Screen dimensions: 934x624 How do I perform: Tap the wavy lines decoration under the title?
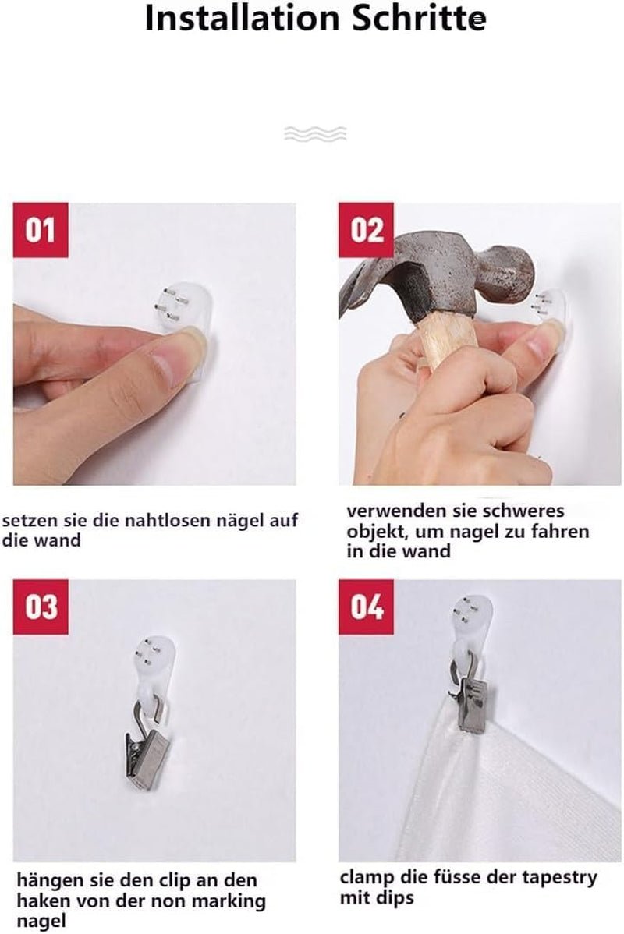click(x=315, y=133)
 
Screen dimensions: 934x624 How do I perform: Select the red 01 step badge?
click(x=41, y=230)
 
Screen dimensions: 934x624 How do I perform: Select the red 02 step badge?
click(x=366, y=230)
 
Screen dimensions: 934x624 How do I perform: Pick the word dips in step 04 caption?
click(x=395, y=897)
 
